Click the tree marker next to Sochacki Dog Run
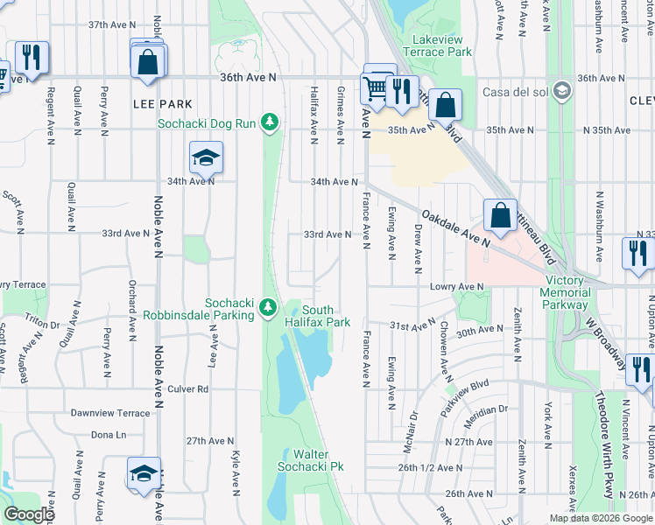(x=271, y=122)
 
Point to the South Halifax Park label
(x=327, y=316)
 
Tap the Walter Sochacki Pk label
(x=317, y=460)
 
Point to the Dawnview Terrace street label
(x=110, y=412)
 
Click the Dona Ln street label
(x=109, y=434)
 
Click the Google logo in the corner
(x=29, y=514)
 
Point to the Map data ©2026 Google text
(x=600, y=518)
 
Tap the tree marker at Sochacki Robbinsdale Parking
(x=268, y=308)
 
